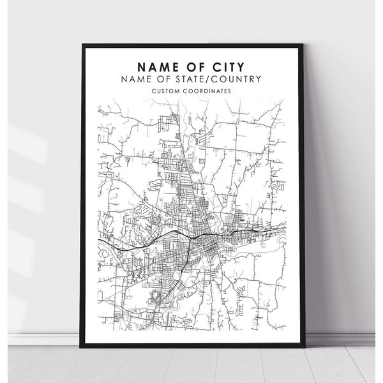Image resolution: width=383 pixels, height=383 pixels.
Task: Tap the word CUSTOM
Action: click(x=169, y=91)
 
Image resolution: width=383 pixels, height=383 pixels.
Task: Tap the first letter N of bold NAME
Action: click(x=139, y=65)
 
